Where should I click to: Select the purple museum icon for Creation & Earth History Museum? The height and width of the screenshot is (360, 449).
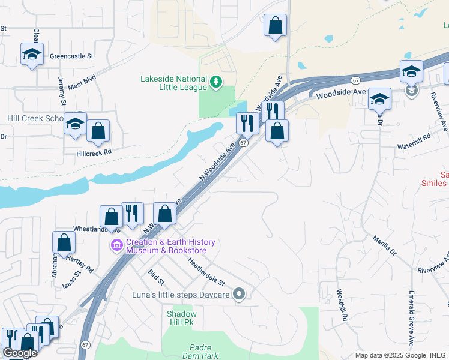(x=116, y=245)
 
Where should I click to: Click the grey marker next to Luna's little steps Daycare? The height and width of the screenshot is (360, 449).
(x=239, y=294)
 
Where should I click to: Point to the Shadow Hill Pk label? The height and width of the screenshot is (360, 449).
(x=181, y=319)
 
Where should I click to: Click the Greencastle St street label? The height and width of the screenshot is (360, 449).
(x=72, y=56)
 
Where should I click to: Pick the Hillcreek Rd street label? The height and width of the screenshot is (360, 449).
(x=94, y=153)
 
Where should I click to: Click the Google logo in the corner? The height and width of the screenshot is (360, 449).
(x=20, y=353)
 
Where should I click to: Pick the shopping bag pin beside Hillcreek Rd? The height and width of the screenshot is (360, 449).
(x=98, y=131)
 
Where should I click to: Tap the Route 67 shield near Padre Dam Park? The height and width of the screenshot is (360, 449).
(x=86, y=345)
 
